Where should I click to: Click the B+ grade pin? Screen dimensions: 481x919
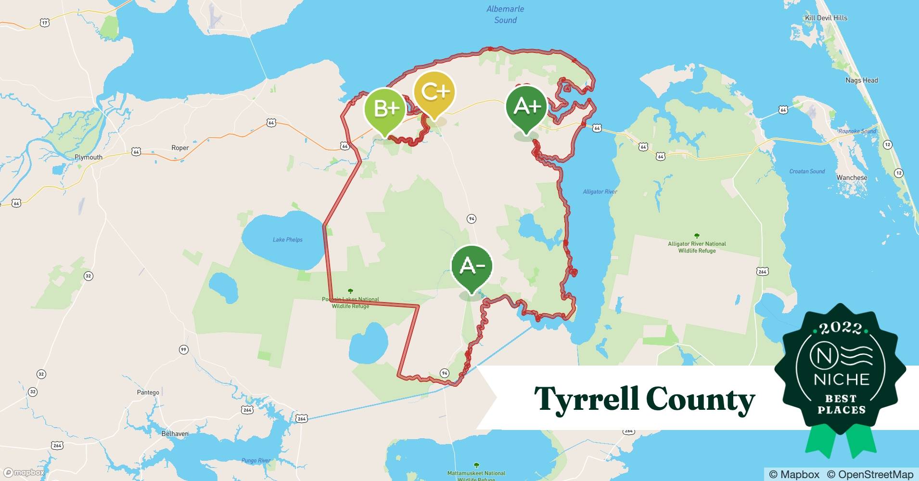[384, 110]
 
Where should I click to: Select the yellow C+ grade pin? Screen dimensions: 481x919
[434, 93]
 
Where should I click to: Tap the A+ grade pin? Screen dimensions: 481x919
[526, 107]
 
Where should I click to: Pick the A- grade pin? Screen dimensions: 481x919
[472, 266]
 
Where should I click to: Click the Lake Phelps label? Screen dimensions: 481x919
[288, 240]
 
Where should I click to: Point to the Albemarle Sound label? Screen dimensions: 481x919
[505, 14]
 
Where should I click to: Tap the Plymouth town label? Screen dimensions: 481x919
[89, 157]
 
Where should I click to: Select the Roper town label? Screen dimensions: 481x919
[180, 148]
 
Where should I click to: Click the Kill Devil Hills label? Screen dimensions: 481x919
[826, 18]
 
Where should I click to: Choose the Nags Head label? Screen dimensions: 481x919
[862, 80]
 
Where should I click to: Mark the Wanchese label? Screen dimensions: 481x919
[852, 177]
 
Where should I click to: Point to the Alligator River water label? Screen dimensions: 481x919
[600, 192]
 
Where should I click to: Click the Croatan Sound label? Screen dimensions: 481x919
[807, 171]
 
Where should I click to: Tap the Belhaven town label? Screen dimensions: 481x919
[175, 434]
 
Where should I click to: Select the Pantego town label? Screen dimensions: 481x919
[148, 392]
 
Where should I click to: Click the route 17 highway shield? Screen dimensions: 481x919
[45, 23]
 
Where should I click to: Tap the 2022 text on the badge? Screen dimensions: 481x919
[841, 328]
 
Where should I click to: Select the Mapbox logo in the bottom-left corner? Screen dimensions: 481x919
[24, 473]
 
